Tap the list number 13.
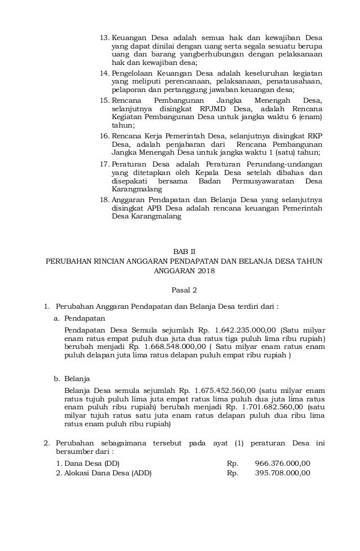(x=104, y=38)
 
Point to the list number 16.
(x=104, y=137)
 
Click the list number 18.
(x=104, y=199)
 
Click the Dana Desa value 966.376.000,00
(x=283, y=463)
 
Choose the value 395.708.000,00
(x=283, y=473)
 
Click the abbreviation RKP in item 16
(x=314, y=137)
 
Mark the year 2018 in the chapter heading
(x=207, y=271)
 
